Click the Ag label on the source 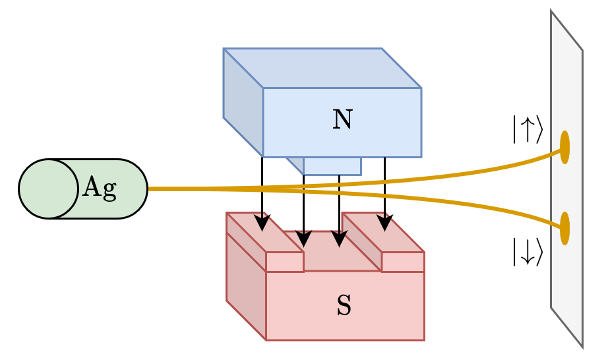(x=100, y=189)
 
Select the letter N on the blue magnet (x=342, y=120)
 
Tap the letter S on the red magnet (x=344, y=306)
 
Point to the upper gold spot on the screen (x=564, y=146)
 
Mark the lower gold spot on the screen (x=564, y=228)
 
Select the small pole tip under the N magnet (x=332, y=166)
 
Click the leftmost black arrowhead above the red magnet (x=262, y=223)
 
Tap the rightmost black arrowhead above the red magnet (x=384, y=222)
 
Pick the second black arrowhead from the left (x=303, y=237)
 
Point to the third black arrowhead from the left (x=339, y=238)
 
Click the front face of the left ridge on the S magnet (x=285, y=262)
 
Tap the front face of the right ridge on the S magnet (x=403, y=262)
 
